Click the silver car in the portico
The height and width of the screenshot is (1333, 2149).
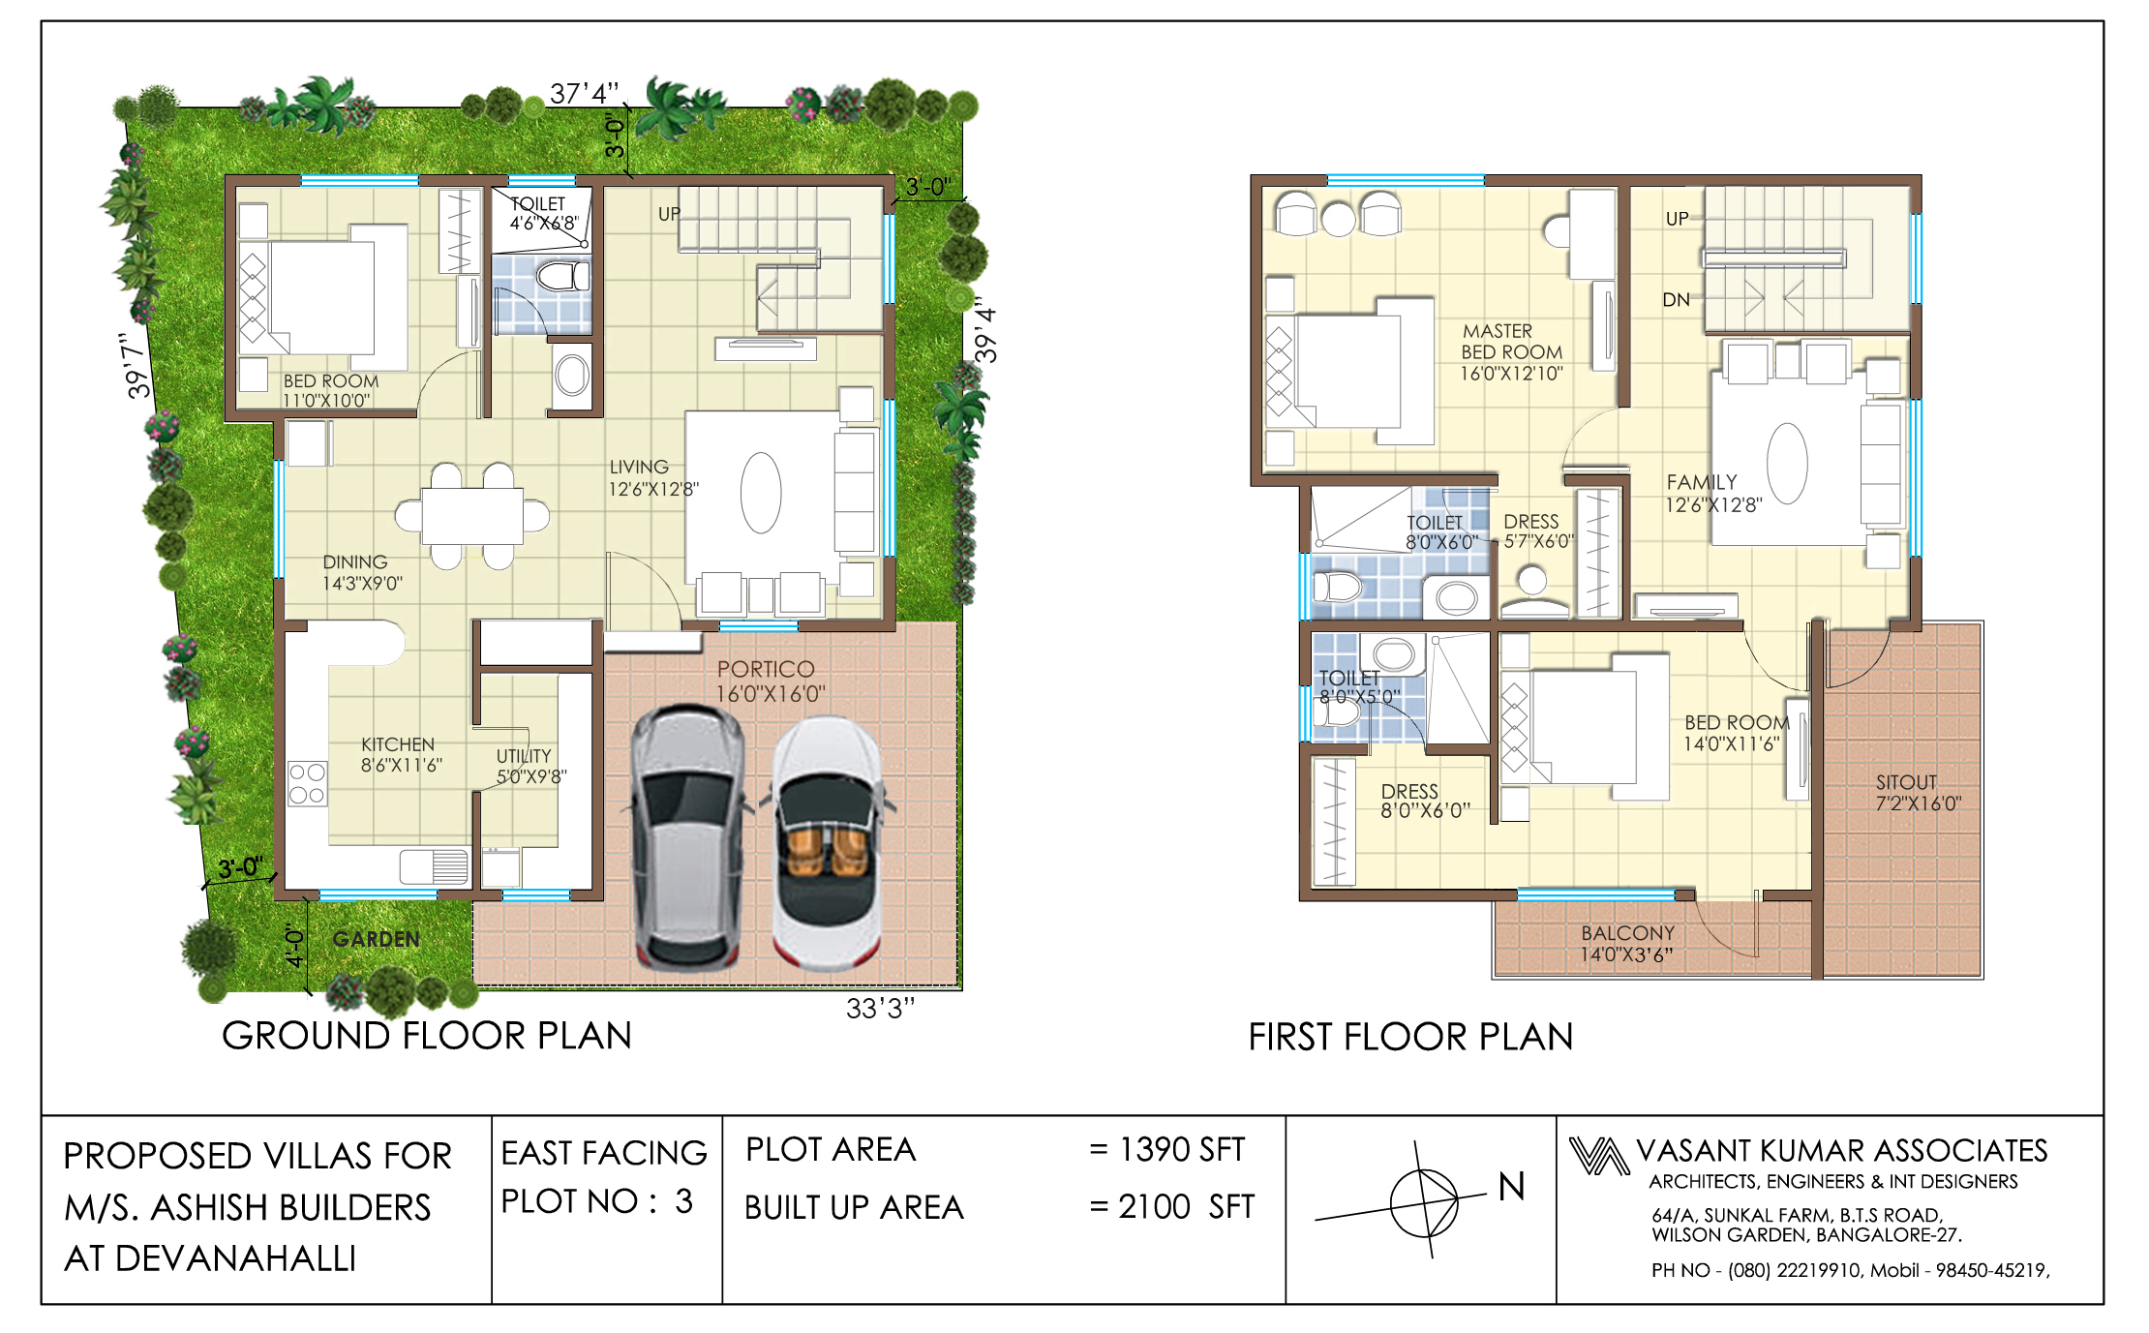(689, 838)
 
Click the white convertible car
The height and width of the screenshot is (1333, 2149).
(828, 842)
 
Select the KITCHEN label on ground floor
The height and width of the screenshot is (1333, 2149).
(401, 754)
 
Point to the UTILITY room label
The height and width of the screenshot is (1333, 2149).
(530, 766)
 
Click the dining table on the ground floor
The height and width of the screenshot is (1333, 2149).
(472, 516)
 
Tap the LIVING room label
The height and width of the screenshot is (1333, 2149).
(652, 478)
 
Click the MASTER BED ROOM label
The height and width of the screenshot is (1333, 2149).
(1511, 352)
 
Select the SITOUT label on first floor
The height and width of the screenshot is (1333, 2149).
(1918, 793)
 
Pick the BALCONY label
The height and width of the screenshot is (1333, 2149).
(1626, 944)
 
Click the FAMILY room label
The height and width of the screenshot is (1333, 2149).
(1712, 493)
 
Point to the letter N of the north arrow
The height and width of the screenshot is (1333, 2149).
(1511, 1187)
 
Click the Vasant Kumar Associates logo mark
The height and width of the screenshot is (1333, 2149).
(1598, 1156)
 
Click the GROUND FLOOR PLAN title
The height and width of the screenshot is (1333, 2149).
(427, 1036)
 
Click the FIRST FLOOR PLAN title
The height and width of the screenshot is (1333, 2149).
(1410, 1037)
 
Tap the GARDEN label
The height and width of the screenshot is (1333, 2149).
(376, 939)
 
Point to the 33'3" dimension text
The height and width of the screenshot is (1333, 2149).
(880, 1009)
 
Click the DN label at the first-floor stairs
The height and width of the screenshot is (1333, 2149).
(1676, 300)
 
